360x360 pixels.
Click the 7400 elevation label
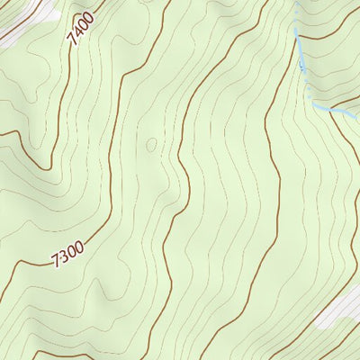(x=80, y=34)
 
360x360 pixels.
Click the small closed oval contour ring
(x=150, y=144)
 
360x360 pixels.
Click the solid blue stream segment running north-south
(x=300, y=49)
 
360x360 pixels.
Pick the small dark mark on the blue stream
(x=301, y=65)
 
